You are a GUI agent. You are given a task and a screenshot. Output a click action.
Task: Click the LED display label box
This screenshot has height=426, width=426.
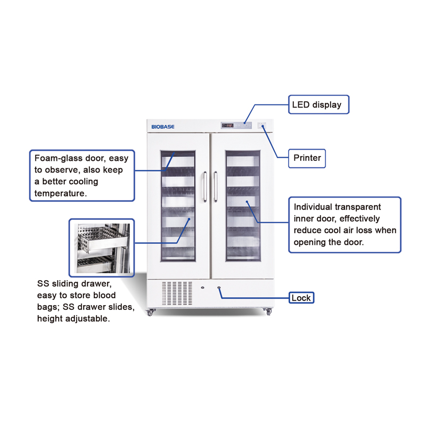click(318, 104)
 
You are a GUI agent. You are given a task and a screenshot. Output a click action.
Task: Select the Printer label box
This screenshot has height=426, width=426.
click(307, 158)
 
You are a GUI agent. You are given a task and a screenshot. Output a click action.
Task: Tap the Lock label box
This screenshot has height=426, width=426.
click(301, 298)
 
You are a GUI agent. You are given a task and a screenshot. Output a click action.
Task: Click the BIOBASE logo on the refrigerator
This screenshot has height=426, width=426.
click(163, 126)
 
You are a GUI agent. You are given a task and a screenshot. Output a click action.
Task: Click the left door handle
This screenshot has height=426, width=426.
click(204, 186)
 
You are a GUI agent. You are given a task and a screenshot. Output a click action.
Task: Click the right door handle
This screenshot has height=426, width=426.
click(216, 186)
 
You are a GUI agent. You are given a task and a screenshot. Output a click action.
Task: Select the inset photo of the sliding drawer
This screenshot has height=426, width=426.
click(101, 247)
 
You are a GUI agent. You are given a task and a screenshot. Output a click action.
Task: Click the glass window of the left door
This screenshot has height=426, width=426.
click(178, 206)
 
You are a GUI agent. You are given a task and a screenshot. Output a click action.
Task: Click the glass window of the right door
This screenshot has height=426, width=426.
click(243, 206)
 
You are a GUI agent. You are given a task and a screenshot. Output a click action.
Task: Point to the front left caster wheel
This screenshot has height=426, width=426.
click(150, 313)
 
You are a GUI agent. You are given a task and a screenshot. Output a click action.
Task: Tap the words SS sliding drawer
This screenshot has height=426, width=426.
click(74, 283)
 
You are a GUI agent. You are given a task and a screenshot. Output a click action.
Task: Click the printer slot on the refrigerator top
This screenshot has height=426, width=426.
click(262, 126)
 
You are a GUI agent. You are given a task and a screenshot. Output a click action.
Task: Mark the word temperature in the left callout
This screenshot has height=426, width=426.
click(60, 193)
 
